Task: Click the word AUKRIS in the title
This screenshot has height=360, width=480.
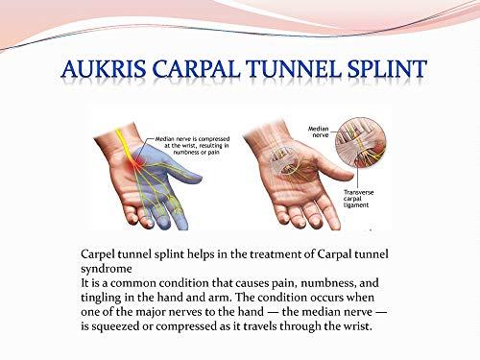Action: point(100,71)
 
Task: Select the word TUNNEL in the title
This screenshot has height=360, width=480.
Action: point(287,71)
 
